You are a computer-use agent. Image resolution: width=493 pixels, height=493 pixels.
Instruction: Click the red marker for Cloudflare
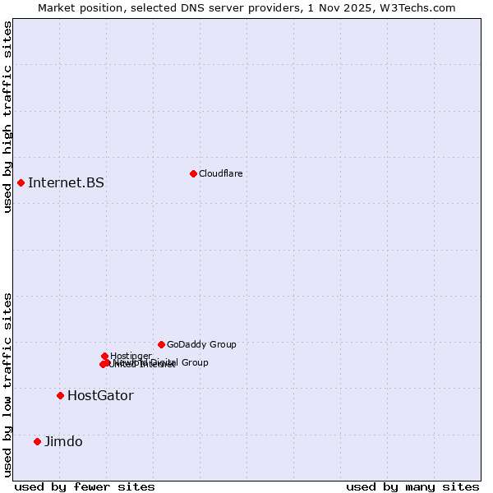tap(193, 173)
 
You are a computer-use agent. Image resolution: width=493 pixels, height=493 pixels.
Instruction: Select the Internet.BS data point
tap(21, 182)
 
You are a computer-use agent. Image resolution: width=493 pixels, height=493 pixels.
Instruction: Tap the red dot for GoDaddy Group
tap(161, 344)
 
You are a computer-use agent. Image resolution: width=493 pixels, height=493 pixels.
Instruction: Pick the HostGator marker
tap(60, 395)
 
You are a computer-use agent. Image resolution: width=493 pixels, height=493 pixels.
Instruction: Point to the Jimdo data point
tap(37, 441)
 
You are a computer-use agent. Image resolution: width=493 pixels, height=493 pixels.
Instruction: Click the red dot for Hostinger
tap(104, 356)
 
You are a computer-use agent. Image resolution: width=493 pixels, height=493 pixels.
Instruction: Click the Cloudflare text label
tap(220, 173)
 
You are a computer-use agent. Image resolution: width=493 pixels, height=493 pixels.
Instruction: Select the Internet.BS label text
tap(66, 182)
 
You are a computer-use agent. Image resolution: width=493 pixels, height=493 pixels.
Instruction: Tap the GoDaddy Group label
tap(201, 344)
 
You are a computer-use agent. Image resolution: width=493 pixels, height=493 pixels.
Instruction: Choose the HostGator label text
tap(100, 395)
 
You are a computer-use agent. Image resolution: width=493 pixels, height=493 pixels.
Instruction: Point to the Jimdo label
tap(63, 441)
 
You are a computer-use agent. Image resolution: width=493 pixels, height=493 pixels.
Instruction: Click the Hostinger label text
tap(131, 356)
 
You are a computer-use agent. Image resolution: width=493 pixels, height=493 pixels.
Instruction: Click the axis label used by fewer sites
tap(85, 486)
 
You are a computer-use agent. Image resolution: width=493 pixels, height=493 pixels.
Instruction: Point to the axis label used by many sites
tap(412, 486)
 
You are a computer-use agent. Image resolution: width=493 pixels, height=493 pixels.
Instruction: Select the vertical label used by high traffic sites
tap(7, 117)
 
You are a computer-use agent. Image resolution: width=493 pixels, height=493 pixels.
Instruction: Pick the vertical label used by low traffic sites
tap(7, 384)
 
